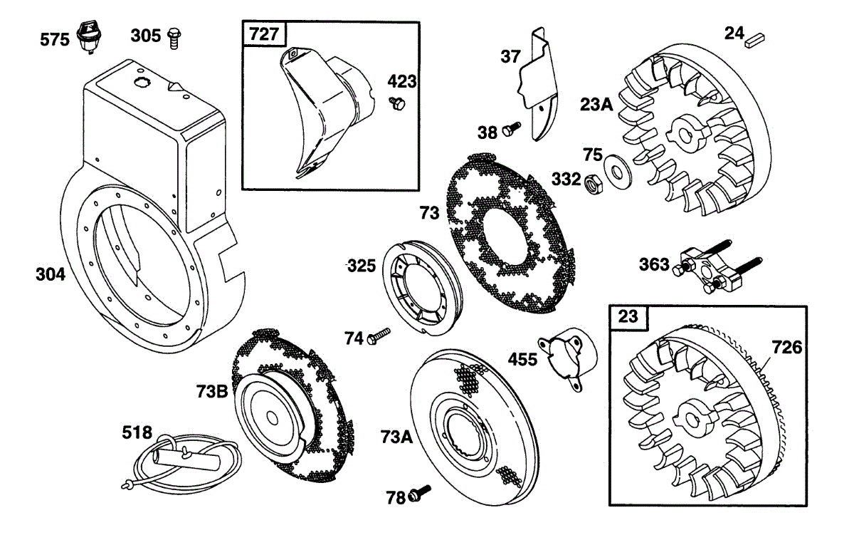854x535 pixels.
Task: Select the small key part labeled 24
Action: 753,40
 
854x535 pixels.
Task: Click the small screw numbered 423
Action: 397,104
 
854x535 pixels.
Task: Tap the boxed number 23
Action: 628,318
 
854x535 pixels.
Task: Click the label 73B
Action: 212,390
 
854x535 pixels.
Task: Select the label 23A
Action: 597,104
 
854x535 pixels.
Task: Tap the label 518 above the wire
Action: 137,432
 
